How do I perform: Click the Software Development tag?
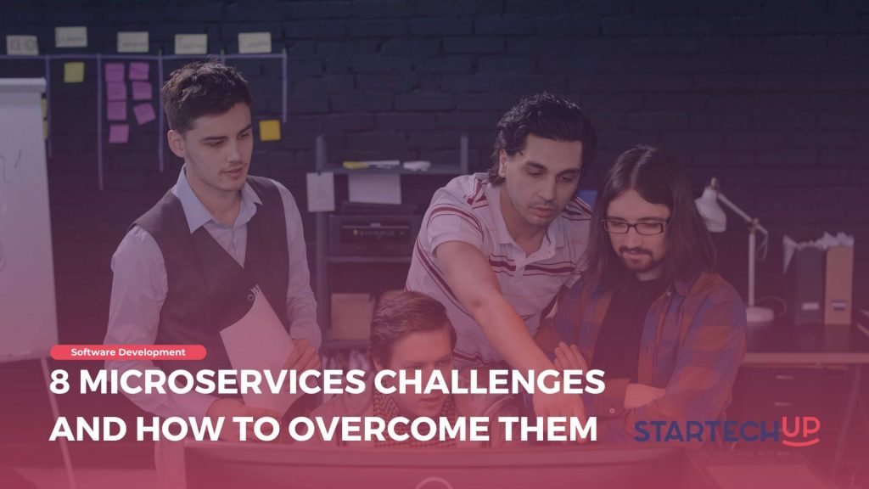(x=127, y=351)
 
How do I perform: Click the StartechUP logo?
(x=726, y=430)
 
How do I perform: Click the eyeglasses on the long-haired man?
(x=636, y=227)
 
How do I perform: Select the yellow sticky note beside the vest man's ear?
(x=269, y=130)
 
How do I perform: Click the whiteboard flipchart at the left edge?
(x=24, y=212)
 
